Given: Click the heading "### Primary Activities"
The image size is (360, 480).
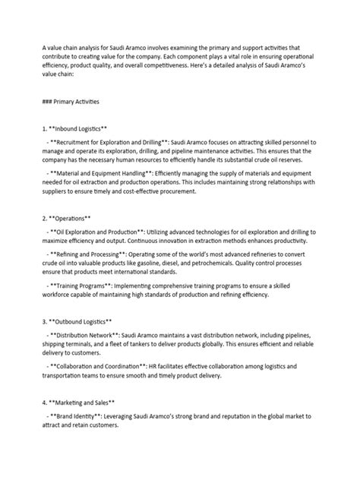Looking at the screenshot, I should click(x=67, y=99).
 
